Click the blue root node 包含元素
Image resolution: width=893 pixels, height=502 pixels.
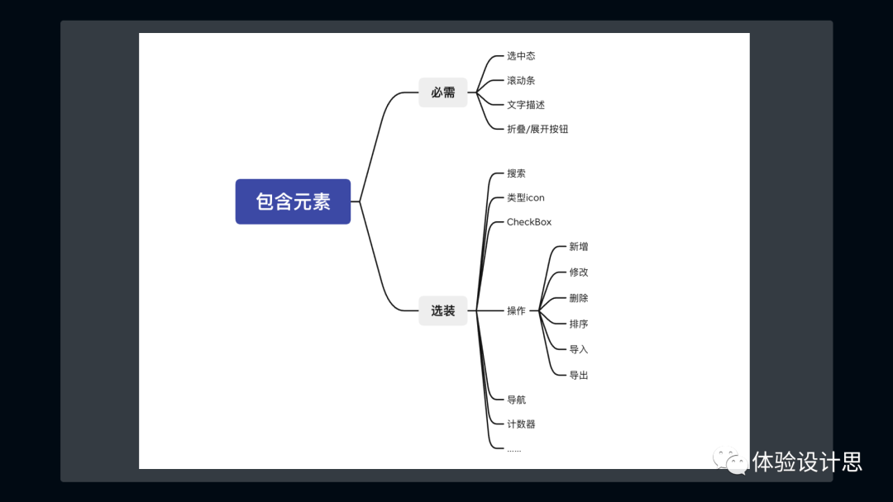pyautogui.click(x=293, y=201)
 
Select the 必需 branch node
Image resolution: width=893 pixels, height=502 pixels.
pyautogui.click(x=443, y=92)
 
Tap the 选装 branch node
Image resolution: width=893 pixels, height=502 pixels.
pyautogui.click(x=443, y=311)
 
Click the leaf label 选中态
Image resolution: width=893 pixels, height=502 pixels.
pyautogui.click(x=521, y=56)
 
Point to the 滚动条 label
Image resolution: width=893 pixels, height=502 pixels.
pyautogui.click(x=521, y=81)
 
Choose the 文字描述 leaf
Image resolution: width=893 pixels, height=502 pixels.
pyautogui.click(x=526, y=105)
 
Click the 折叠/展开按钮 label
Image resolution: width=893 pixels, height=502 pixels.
pyautogui.click(x=537, y=130)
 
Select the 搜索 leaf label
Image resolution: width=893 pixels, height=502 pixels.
pyautogui.click(x=516, y=173)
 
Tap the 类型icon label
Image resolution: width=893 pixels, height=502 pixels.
pyautogui.click(x=526, y=198)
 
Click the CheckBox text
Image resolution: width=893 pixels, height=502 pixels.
pyautogui.click(x=529, y=222)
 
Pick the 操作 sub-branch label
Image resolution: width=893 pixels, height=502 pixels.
pyautogui.click(x=516, y=311)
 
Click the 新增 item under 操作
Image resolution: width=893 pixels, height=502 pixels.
pyautogui.click(x=579, y=247)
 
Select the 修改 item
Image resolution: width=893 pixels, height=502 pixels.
pyautogui.click(x=579, y=272)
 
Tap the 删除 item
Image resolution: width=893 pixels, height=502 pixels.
pyautogui.click(x=579, y=298)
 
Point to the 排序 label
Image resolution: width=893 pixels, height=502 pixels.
pyautogui.click(x=579, y=324)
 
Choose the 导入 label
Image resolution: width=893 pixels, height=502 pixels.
pyautogui.click(x=579, y=350)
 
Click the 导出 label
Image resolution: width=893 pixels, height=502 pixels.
pyautogui.click(x=579, y=376)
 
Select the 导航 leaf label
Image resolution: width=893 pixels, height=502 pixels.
pyautogui.click(x=516, y=400)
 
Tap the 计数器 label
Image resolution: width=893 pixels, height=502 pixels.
pyautogui.click(x=521, y=424)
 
